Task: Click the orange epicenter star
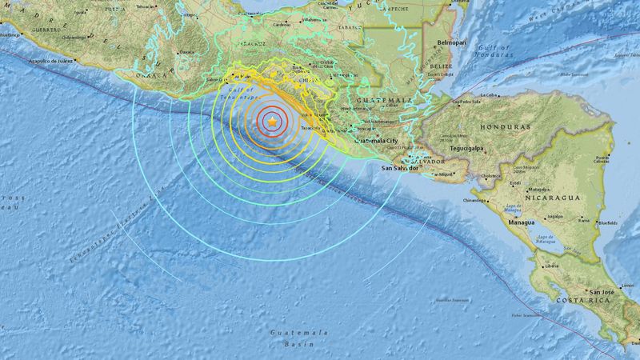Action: pyautogui.click(x=274, y=121)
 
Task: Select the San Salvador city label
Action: pyautogui.click(x=400, y=169)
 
